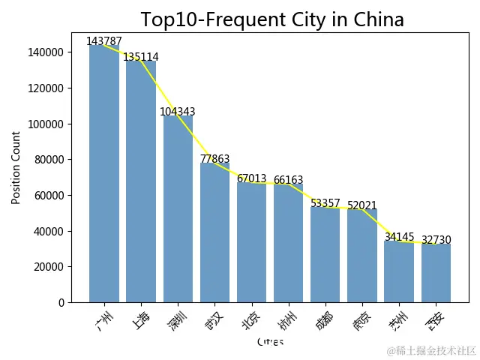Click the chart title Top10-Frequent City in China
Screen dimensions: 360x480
272,19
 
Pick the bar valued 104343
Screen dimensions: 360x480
178,210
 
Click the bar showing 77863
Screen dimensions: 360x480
214,232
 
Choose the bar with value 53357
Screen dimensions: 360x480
325,255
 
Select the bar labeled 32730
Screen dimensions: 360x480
436,273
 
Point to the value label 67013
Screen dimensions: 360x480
252,178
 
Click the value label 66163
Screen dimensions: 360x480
289,180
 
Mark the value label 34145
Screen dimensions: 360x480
399,237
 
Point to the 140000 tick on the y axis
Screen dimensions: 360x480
47,52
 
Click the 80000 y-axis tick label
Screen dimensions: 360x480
49,159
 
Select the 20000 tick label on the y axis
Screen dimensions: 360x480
49,266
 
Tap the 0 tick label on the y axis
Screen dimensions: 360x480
61,302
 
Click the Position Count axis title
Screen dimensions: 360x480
16,167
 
